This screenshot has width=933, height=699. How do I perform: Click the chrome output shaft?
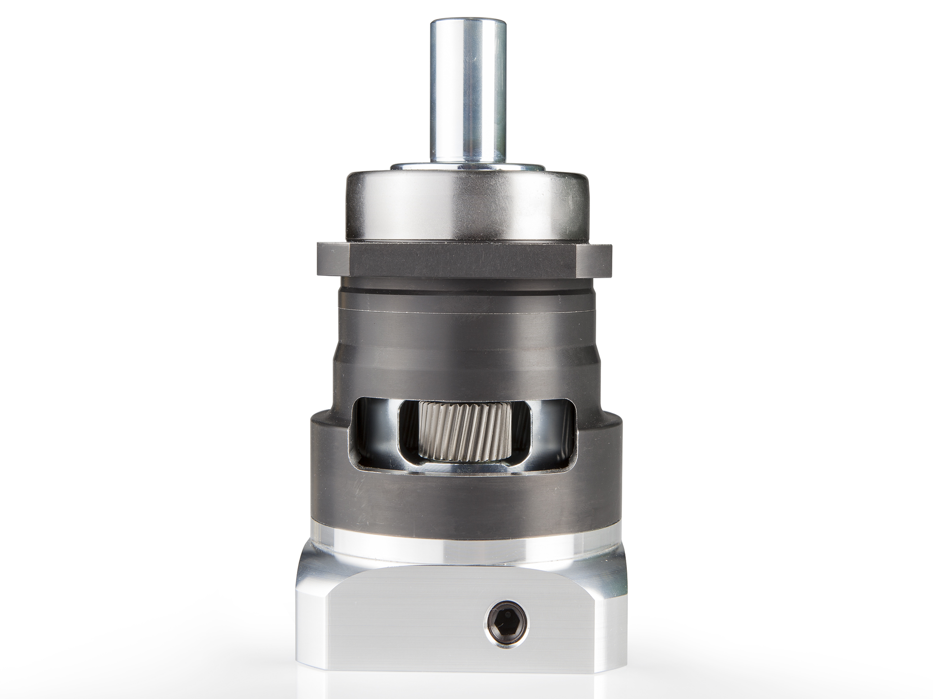(466, 97)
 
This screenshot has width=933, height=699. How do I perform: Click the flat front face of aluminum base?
(413, 616)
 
